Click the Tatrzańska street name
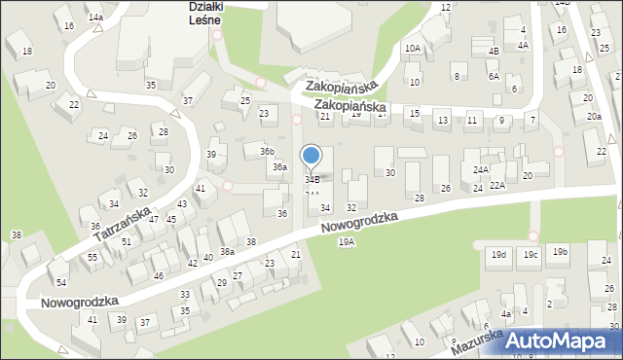click(122, 224)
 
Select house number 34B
click(312, 179)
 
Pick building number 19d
click(498, 255)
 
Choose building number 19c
click(530, 255)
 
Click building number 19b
click(560, 252)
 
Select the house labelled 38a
click(227, 251)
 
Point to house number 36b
click(267, 151)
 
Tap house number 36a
click(279, 167)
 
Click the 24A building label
click(481, 169)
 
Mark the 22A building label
click(497, 185)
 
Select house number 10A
click(413, 48)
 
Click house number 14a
click(95, 18)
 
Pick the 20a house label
click(594, 117)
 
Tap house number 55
click(92, 257)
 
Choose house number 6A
click(494, 76)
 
